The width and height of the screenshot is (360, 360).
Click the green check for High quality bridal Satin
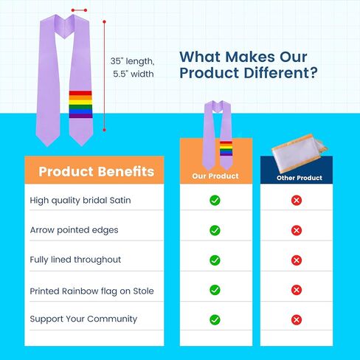(215, 201)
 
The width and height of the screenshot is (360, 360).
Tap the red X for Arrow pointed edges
(297, 230)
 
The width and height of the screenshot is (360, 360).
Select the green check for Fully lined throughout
(215, 260)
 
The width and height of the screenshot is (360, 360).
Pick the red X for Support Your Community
(297, 319)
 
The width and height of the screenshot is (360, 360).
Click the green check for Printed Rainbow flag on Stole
(215, 290)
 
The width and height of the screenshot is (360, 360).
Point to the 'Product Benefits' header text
(97, 171)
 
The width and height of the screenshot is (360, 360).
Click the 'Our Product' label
(215, 176)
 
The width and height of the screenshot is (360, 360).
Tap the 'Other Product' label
(300, 178)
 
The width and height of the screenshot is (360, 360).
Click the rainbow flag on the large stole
(80, 104)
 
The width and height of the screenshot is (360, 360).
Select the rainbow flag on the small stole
(226, 148)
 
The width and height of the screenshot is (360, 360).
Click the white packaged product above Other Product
(300, 153)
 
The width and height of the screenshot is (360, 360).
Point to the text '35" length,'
(132, 61)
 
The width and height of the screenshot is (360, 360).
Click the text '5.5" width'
(134, 74)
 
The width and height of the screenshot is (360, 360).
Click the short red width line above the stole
(79, 10)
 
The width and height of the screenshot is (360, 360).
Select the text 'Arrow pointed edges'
(74, 230)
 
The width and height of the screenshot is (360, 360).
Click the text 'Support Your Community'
(83, 319)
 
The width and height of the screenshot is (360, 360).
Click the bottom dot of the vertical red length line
(104, 130)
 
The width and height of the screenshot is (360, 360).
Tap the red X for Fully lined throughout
(297, 260)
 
